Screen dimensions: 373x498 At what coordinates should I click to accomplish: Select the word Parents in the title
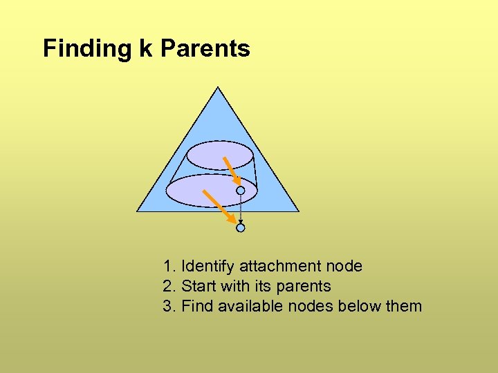205,48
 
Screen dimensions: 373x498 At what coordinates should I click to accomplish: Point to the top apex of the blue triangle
218,88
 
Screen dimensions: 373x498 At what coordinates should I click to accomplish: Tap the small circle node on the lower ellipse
240,190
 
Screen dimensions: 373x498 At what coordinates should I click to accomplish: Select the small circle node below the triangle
240,227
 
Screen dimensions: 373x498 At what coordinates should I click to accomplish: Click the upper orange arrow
230,171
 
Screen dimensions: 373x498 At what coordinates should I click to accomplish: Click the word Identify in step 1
208,266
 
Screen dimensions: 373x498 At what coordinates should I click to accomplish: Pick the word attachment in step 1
285,266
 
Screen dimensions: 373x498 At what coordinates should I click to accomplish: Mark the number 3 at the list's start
167,306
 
